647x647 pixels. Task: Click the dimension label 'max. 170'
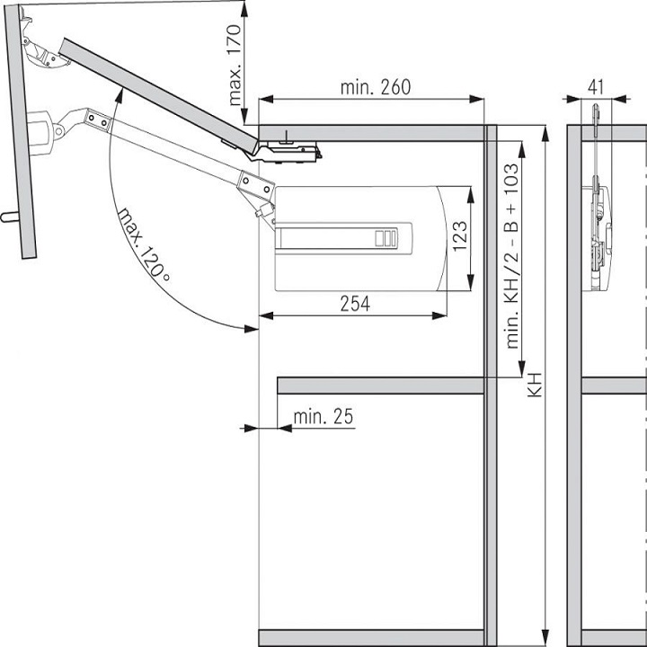pyautogui.click(x=235, y=66)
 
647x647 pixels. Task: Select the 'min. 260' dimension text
pyautogui.click(x=375, y=87)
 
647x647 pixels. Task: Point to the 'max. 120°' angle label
pyautogui.click(x=143, y=245)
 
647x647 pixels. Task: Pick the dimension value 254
pyautogui.click(x=354, y=304)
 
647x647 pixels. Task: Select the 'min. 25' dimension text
pyautogui.click(x=323, y=416)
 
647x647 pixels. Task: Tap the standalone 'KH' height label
pyautogui.click(x=535, y=386)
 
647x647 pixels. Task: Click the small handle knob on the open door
pyautogui.click(x=9, y=216)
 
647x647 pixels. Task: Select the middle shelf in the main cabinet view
pyautogui.click(x=380, y=386)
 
